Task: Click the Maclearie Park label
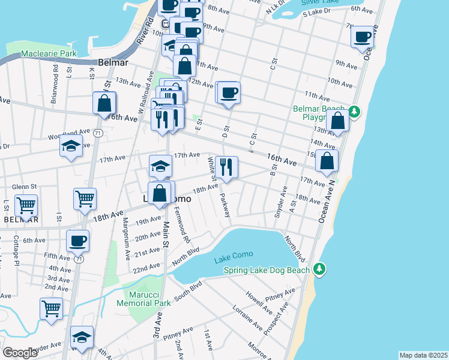coord(49,54)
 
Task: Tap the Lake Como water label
coord(234,259)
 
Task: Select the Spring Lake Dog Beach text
coord(267,270)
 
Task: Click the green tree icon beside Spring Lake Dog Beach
coord(320,269)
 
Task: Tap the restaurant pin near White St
coord(226,167)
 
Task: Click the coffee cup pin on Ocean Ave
coord(362,37)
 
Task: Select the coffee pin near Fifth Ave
coord(77,241)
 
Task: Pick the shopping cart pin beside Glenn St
coord(26,206)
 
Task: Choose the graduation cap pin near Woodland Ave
coord(71,146)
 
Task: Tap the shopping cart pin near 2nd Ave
coord(52,309)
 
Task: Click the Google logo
coord(20,353)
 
